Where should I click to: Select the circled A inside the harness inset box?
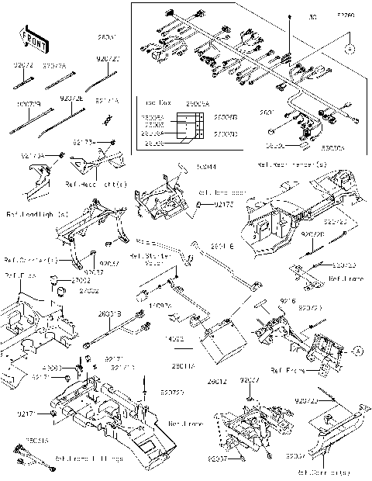350,47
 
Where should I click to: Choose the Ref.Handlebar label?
220,191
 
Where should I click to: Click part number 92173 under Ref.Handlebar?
223,204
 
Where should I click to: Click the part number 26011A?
184,365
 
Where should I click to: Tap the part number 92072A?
55,67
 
